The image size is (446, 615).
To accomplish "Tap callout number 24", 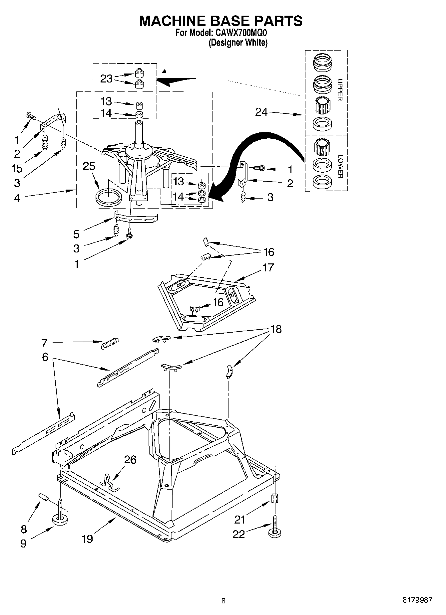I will click(261, 112).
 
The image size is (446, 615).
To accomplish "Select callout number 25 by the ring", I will click(89, 166).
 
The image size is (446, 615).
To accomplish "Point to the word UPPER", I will click(340, 89).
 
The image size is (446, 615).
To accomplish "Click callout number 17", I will click(268, 267).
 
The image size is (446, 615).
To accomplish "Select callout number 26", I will click(130, 460).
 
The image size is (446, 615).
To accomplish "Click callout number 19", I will click(87, 538).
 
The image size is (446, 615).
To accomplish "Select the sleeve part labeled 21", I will click(275, 499).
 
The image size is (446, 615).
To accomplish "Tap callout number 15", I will click(17, 168).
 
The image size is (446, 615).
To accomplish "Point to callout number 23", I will click(106, 79).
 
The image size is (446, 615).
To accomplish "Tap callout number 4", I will click(17, 198).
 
